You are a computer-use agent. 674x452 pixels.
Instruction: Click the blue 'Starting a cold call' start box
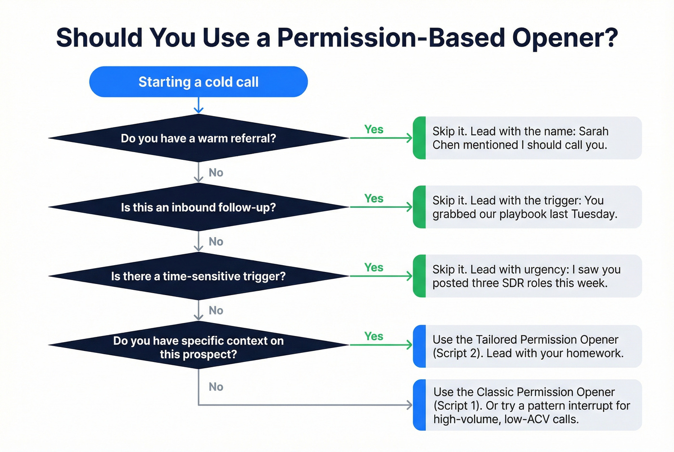coord(198,82)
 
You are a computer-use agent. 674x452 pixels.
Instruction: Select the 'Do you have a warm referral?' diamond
coord(198,138)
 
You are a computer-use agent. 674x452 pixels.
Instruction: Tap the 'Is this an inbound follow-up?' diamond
coord(198,207)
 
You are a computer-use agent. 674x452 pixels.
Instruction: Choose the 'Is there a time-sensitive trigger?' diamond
coord(198,276)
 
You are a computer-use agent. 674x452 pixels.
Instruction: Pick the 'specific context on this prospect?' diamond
coord(198,347)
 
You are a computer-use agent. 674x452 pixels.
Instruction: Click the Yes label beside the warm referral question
coord(374,129)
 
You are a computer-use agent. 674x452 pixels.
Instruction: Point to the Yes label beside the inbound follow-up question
coord(374,198)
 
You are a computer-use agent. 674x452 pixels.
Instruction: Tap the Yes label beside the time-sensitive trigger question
coord(374,268)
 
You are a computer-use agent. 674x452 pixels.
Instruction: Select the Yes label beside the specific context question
coord(374,336)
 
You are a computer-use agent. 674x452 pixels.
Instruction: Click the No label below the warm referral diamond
coord(216,172)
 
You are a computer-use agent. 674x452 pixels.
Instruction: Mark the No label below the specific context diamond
coord(216,387)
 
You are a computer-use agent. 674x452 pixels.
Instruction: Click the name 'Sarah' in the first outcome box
coord(594,131)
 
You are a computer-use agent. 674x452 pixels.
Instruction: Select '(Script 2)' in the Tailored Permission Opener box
coord(457,353)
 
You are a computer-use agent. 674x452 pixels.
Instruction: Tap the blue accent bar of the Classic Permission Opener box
coord(419,405)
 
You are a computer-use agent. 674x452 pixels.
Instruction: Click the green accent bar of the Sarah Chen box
coord(419,138)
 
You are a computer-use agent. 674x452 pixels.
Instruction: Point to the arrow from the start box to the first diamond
coord(198,105)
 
